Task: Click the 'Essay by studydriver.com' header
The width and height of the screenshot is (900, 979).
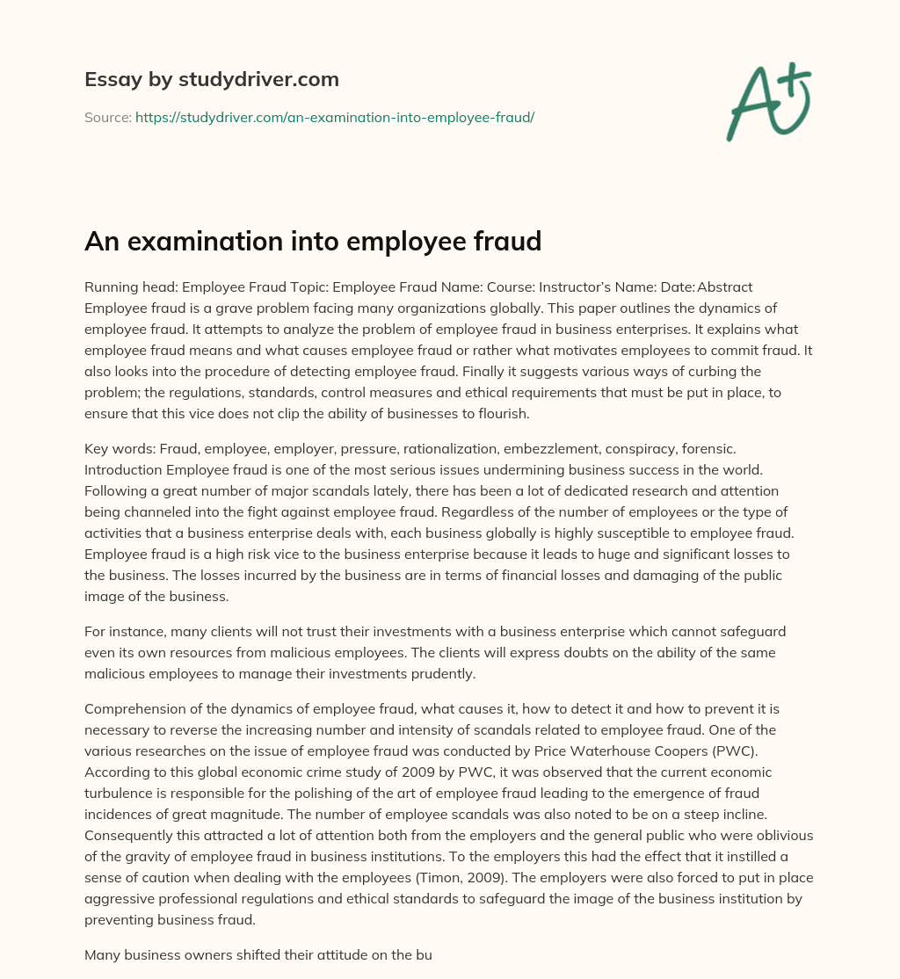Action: click(211, 79)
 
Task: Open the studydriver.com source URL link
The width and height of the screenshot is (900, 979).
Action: click(335, 117)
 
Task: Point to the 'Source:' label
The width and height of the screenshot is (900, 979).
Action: click(107, 117)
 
